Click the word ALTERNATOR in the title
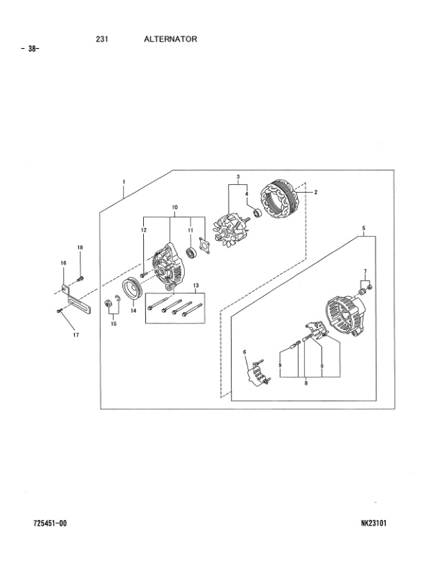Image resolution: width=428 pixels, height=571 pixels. point(170,39)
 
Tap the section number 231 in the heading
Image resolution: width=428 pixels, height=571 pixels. point(101,39)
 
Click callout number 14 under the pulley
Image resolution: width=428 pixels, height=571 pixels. point(132,311)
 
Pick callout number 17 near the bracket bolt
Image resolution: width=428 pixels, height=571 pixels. point(76,334)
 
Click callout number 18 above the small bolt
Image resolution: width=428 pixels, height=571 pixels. point(80,247)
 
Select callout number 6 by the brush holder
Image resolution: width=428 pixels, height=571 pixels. point(245,352)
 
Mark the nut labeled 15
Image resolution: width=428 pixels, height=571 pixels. point(107,306)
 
